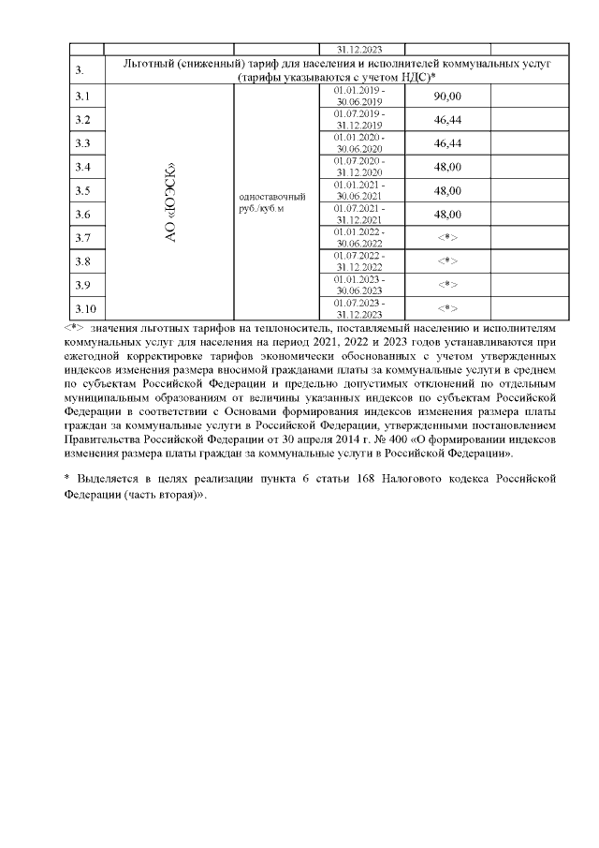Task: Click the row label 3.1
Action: (81, 97)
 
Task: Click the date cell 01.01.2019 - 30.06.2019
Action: (358, 97)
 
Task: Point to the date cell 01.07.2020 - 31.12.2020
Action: (358, 168)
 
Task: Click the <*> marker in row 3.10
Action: (447, 308)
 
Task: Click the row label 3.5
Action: (81, 191)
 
